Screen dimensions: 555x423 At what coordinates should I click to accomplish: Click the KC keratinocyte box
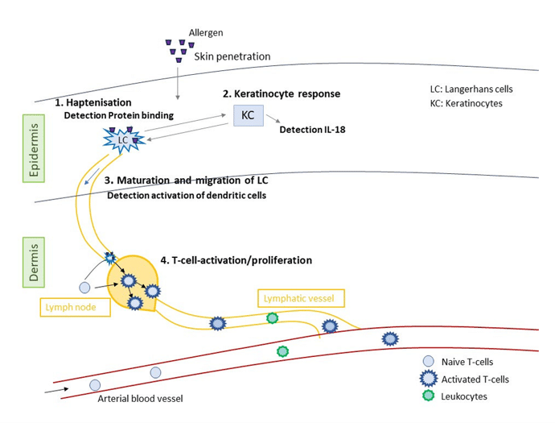(x=248, y=115)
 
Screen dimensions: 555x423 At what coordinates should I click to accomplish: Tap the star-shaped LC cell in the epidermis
(x=123, y=139)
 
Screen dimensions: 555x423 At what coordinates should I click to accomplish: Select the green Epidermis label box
(x=34, y=148)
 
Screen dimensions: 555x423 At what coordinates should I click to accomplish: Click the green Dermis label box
(x=34, y=262)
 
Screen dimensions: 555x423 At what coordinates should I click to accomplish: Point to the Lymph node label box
(x=75, y=307)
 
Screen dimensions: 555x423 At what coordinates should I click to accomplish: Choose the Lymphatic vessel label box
(x=301, y=298)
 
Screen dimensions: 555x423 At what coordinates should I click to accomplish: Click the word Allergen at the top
(x=206, y=32)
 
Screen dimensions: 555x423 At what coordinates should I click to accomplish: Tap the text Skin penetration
(x=232, y=56)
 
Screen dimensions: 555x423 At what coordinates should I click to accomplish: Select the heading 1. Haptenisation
(x=93, y=102)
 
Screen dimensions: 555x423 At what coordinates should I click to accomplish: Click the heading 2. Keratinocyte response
(x=282, y=93)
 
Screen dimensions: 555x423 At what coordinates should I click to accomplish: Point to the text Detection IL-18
(x=312, y=130)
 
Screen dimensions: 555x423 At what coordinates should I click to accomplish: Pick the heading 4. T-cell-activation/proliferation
(x=236, y=260)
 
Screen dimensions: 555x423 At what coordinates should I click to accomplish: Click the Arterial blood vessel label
(x=140, y=399)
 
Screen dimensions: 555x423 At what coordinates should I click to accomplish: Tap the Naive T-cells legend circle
(x=429, y=361)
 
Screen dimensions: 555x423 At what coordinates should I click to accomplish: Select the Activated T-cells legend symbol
(x=429, y=379)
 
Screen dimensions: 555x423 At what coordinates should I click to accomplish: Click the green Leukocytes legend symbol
(x=429, y=396)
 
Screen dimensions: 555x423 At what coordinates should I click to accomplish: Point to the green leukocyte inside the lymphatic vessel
(x=272, y=318)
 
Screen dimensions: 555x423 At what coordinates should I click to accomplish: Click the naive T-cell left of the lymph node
(x=84, y=288)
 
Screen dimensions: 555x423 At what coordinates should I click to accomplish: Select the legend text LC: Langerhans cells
(x=471, y=89)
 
